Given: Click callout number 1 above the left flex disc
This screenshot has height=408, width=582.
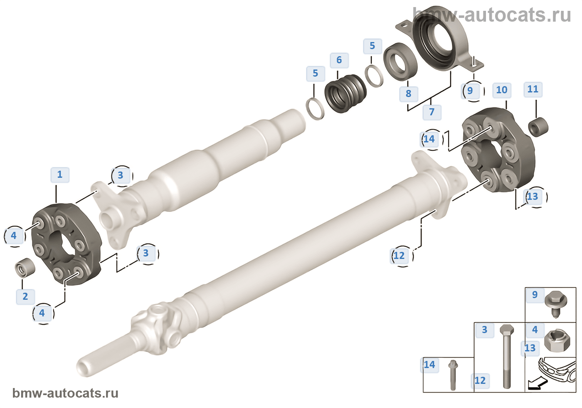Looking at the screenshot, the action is point(60,174).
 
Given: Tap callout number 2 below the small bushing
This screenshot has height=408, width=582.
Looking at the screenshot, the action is point(25,296).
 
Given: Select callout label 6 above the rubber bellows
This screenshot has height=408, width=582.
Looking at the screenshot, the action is point(339,60).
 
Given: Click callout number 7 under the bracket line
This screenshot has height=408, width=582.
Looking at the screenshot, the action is point(432,112).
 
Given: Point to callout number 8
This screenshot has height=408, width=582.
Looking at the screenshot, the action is point(408,94).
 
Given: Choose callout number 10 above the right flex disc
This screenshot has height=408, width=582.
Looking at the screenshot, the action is point(502,90).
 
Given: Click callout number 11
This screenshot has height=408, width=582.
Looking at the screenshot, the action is point(533,89).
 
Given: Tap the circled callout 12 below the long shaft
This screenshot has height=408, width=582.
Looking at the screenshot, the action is point(400,256).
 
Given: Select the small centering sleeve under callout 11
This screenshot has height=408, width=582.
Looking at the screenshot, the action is point(538,127).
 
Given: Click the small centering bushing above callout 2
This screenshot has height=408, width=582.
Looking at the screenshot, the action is point(25,268).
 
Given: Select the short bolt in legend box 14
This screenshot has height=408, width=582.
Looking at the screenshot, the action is point(452,375).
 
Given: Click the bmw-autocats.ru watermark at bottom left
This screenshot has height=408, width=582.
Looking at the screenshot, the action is point(66,393).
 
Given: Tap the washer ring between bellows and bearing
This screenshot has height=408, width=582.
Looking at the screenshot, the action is point(374,76).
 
